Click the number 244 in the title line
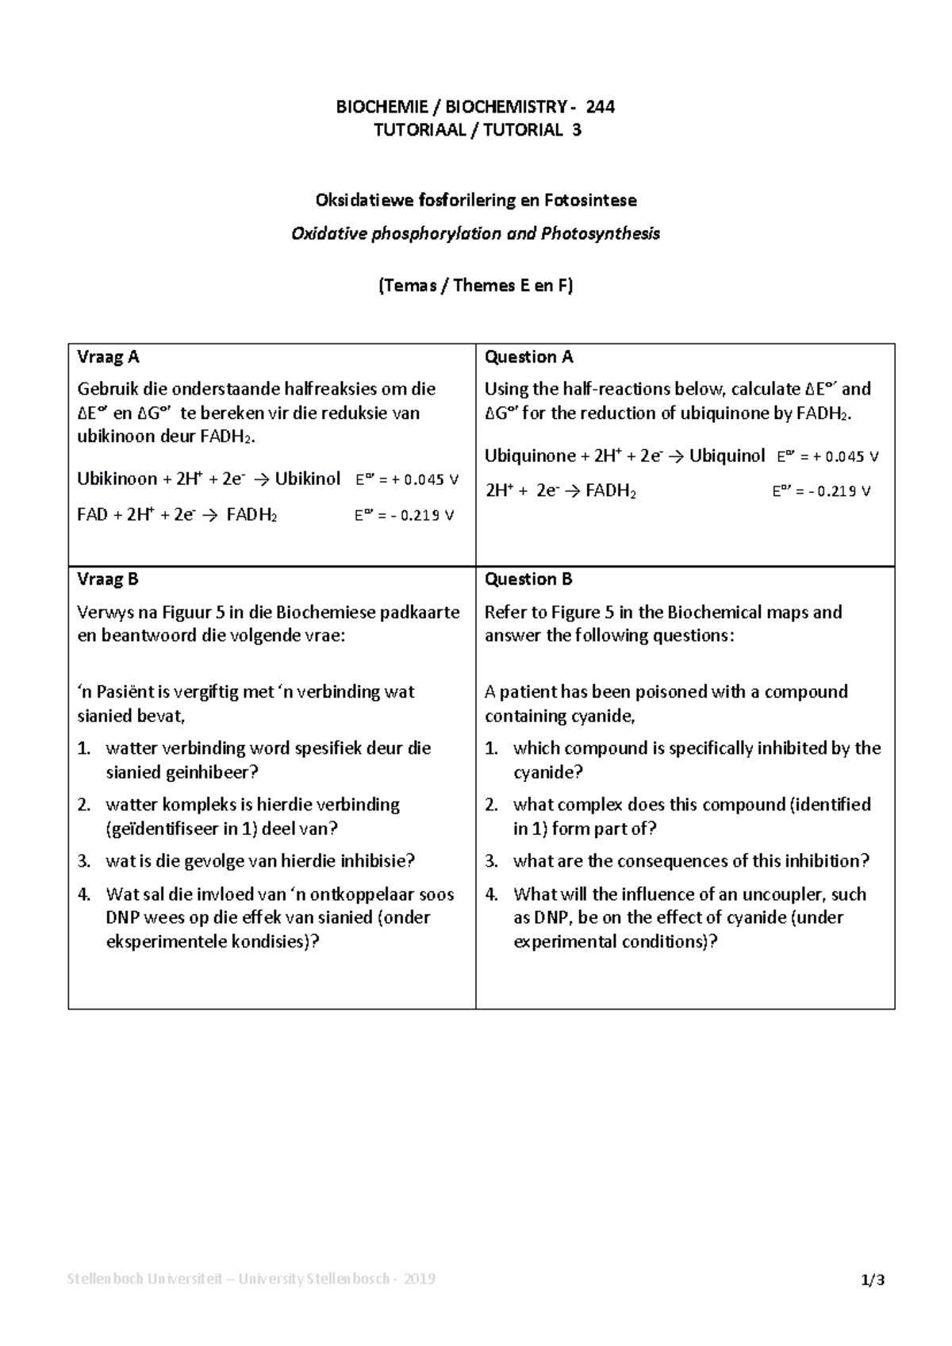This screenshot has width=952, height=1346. click(x=600, y=106)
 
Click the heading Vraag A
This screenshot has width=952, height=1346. click(x=108, y=357)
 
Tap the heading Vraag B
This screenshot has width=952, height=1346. click(x=108, y=579)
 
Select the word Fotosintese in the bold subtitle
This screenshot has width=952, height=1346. click(x=590, y=201)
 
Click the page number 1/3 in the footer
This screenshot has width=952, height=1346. click(x=873, y=1280)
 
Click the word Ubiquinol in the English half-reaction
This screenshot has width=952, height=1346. click(x=727, y=456)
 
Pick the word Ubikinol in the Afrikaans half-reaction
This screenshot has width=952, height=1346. click(x=308, y=479)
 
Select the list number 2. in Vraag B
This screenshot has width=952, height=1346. click(x=85, y=805)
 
